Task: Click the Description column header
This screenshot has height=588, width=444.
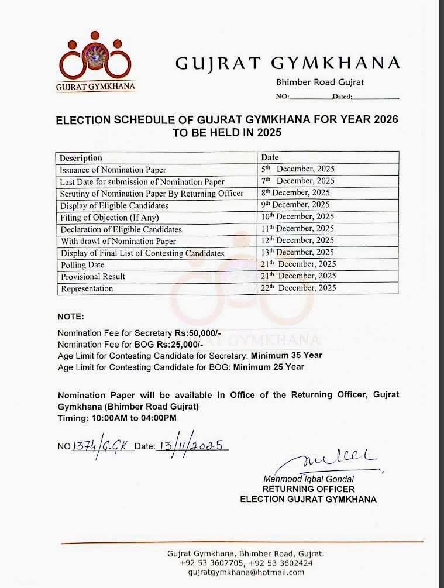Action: pyautogui.click(x=81, y=158)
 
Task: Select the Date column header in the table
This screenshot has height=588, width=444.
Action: pyautogui.click(x=270, y=157)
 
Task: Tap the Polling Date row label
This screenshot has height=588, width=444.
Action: pyautogui.click(x=82, y=265)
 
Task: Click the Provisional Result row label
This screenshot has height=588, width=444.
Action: pyautogui.click(x=93, y=277)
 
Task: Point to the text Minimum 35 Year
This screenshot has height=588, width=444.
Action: pyautogui.click(x=287, y=355)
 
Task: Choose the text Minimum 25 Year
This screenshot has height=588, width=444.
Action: pyautogui.click(x=269, y=367)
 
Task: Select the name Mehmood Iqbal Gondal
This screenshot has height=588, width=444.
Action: pyautogui.click(x=308, y=479)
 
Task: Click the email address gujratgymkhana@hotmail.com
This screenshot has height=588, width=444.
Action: pyautogui.click(x=246, y=572)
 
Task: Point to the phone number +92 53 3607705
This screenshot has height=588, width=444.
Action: pyautogui.click(x=212, y=563)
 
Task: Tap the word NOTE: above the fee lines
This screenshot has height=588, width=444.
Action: pyautogui.click(x=71, y=317)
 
